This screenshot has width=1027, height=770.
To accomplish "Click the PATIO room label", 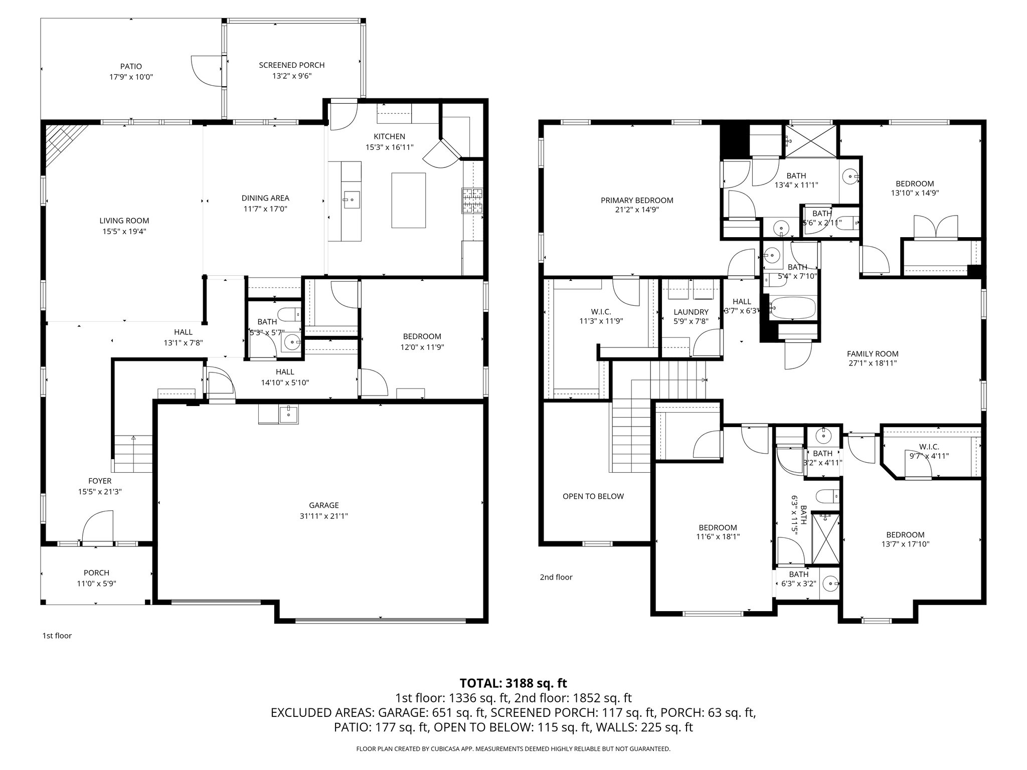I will (x=131, y=66).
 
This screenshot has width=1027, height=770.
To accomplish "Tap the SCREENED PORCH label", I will (x=291, y=65).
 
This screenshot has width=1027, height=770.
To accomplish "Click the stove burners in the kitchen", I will (x=472, y=201).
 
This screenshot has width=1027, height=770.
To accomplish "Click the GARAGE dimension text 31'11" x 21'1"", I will (x=323, y=516).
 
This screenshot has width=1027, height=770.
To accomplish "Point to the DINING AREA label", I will (x=265, y=198).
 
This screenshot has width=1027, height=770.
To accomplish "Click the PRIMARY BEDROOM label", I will (x=637, y=201).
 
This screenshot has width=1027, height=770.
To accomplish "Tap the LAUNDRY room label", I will (x=691, y=312).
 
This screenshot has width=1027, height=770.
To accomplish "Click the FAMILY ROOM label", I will (x=873, y=353).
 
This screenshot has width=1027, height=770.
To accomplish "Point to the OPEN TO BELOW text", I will (x=593, y=496).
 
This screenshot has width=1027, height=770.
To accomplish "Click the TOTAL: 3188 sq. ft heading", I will (x=513, y=683).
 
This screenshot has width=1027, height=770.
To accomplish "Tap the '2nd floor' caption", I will (x=556, y=577).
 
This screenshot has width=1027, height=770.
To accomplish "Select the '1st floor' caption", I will (x=57, y=636).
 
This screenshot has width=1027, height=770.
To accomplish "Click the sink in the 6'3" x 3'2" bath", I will (x=831, y=583).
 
